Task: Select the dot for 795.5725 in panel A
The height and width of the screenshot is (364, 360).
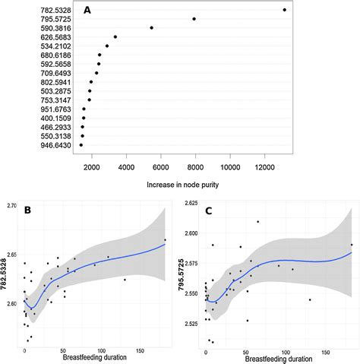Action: (x=194, y=18)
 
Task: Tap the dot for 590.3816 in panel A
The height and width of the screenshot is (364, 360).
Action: (x=152, y=27)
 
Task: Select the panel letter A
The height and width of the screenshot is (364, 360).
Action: (x=87, y=11)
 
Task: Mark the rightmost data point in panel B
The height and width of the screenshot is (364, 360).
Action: (x=165, y=240)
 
